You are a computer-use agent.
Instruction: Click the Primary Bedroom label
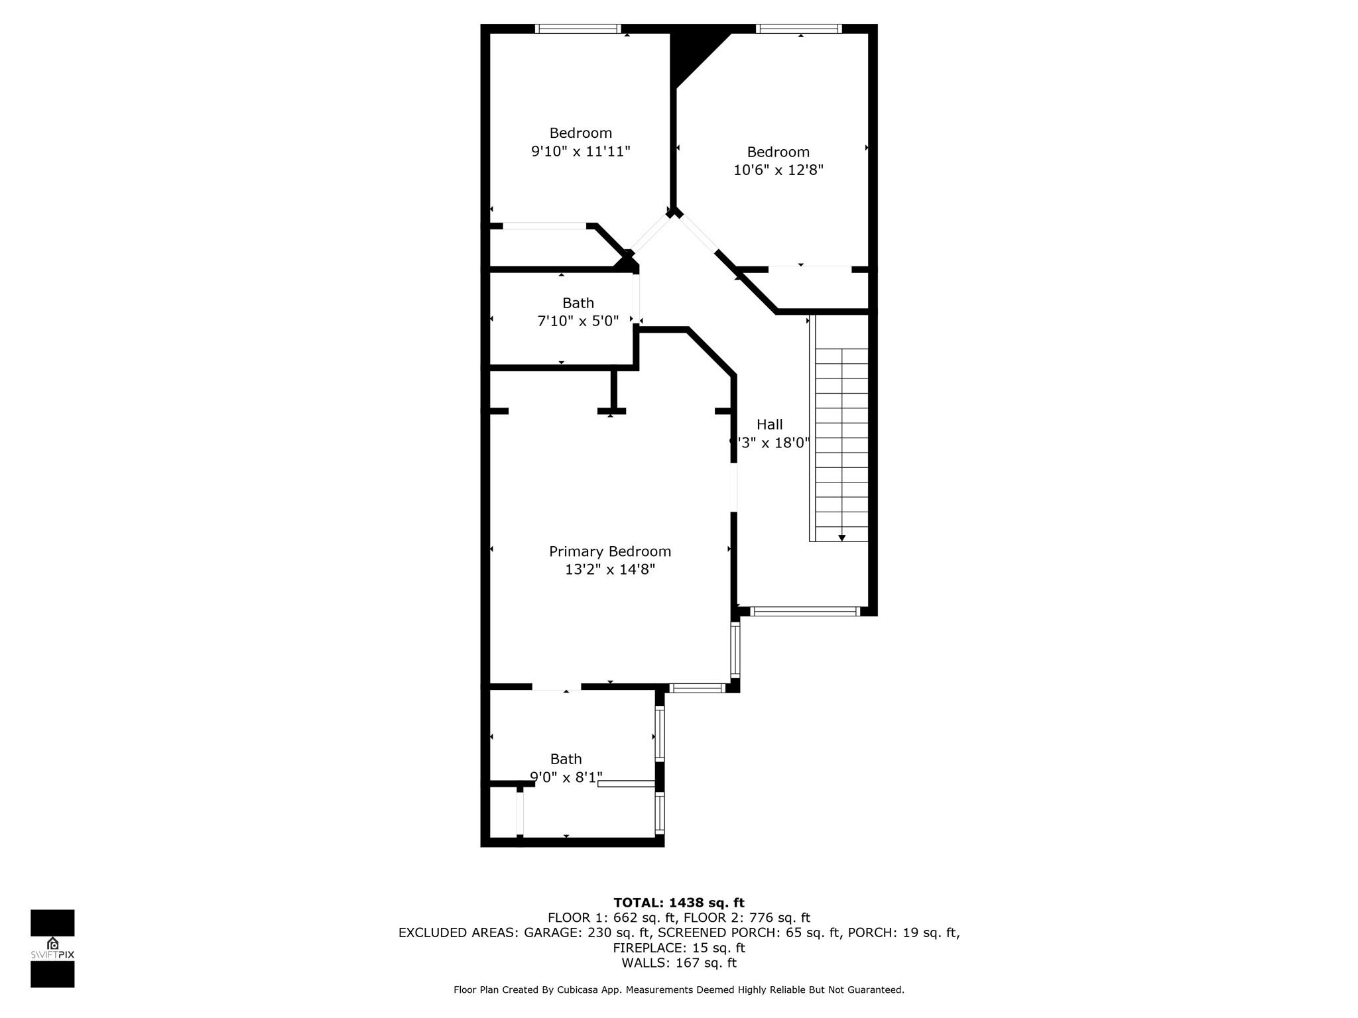pos(609,551)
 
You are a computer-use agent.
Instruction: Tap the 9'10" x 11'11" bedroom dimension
pos(580,151)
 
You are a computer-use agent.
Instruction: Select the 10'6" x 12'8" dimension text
pos(778,170)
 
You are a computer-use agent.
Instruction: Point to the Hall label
pos(769,424)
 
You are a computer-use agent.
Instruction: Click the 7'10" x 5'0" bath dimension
pos(578,321)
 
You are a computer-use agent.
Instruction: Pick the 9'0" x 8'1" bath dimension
pos(566,777)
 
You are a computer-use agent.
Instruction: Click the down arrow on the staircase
pos(841,537)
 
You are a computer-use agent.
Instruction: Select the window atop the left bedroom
pos(578,28)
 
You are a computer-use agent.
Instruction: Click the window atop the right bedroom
pos(799,28)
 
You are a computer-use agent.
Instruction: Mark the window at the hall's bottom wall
pos(805,612)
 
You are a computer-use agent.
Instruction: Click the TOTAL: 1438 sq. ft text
pos(678,903)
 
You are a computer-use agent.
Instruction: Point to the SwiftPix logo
pos(52,948)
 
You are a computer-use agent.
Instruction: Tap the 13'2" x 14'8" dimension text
pos(609,569)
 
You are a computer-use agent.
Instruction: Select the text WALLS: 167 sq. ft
pos(678,963)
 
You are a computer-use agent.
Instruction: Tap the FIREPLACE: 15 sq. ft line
pos(678,948)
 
